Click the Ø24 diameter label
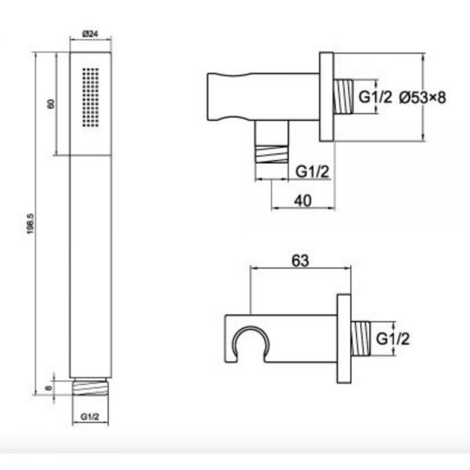tap(90, 34)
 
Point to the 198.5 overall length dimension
tap(31, 223)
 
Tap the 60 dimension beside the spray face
tap(51, 103)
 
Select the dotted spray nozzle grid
tap(90, 97)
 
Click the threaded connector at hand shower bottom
tap(90, 386)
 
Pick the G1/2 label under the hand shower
tap(89, 417)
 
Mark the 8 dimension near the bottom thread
tap(49, 389)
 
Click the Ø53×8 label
tap(423, 97)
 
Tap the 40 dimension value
tap(302, 201)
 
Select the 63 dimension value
tap(300, 261)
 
